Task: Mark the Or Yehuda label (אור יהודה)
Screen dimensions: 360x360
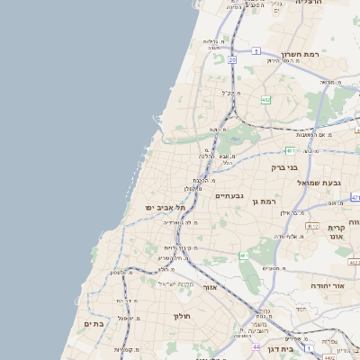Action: click(328, 285)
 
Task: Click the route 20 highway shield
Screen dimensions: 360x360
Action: click(231, 59)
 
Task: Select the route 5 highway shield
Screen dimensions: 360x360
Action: click(256, 51)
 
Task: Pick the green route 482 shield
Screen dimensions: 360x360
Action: click(265, 100)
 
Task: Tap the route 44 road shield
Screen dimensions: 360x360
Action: click(256, 346)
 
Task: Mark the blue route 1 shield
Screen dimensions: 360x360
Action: click(306, 346)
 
